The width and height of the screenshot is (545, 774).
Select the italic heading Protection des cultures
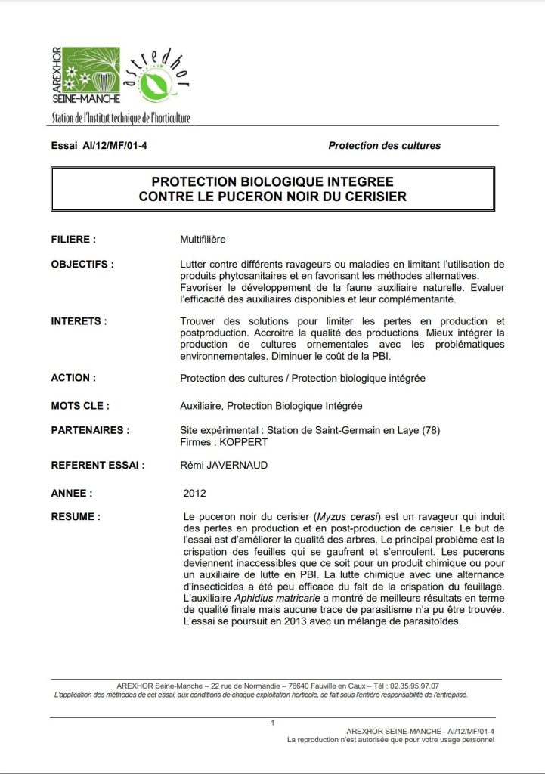(384, 145)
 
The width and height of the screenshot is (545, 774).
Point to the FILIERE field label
(73, 240)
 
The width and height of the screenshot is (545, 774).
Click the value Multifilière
(203, 240)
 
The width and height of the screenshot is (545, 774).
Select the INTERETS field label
(79, 321)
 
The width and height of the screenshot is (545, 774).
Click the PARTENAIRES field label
(89, 431)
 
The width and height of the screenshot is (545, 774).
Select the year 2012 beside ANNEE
(196, 493)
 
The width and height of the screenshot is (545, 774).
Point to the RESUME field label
(76, 517)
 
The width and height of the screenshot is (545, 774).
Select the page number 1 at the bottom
(272, 723)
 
